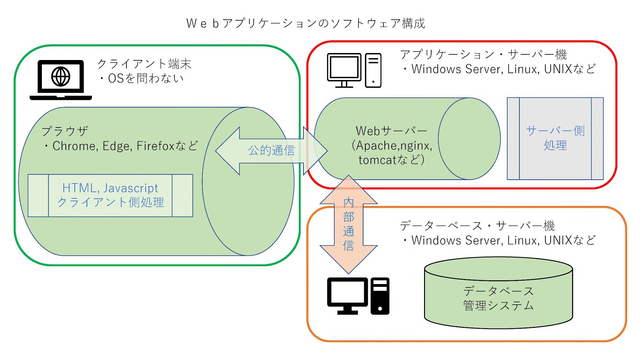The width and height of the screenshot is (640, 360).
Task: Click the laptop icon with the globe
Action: tap(61, 80)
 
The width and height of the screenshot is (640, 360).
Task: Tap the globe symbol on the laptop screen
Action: tap(61, 76)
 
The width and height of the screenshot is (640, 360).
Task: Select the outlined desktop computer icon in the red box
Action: tap(354, 70)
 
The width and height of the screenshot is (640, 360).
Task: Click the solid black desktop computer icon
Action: tap(358, 296)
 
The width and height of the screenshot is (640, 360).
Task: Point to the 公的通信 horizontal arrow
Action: tap(271, 151)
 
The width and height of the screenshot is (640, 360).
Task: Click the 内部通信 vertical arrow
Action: tap(348, 224)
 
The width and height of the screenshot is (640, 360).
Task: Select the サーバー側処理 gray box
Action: tap(555, 138)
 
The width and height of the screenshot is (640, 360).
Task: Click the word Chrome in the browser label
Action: tap(74, 146)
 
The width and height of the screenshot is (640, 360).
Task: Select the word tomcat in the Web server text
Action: tap(377, 160)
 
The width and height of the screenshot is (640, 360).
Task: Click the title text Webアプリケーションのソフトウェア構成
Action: tap(306, 23)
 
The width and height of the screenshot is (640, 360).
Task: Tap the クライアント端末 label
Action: tap(144, 64)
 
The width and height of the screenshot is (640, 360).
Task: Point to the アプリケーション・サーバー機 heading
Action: tap(483, 54)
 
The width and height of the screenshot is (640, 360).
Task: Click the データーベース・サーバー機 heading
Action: tap(477, 226)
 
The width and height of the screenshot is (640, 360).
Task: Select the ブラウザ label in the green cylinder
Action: tap(65, 131)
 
